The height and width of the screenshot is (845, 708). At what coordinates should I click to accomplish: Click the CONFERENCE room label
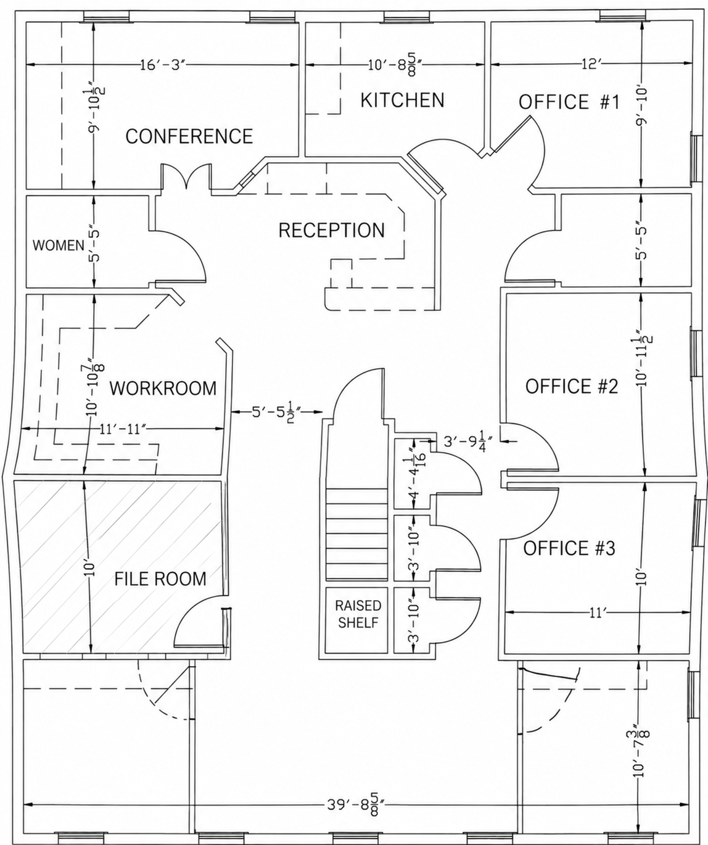pos(189,136)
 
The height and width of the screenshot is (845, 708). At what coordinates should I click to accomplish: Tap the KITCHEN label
pos(402,100)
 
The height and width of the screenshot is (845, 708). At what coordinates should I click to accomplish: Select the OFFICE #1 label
pos(569,102)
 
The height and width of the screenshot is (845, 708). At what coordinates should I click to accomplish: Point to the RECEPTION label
pos(331,230)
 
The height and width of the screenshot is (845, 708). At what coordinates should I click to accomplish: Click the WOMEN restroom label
pos(59,245)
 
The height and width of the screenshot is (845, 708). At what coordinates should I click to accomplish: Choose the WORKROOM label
pos(163,388)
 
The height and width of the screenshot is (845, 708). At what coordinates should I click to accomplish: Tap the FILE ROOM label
pos(160,579)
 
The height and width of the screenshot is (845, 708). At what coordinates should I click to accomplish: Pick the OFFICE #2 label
pos(571,386)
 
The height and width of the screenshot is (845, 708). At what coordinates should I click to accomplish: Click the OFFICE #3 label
pos(569,548)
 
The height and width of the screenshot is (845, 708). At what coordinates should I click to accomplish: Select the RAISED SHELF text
pos(358,614)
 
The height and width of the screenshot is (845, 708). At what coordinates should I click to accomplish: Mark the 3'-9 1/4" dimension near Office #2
pos(468,441)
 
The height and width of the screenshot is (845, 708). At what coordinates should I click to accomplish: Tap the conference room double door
pos(186,176)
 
